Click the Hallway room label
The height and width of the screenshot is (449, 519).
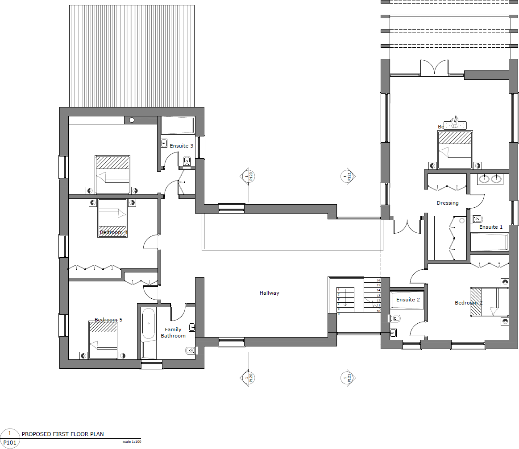click(269, 293)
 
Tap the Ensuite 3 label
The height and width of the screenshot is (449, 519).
click(182, 146)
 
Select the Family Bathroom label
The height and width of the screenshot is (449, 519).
click(173, 333)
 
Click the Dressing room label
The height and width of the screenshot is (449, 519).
click(448, 203)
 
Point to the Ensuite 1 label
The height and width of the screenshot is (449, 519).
click(491, 227)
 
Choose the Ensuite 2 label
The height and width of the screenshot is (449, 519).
click(408, 300)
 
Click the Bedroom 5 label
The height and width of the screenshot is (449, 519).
click(108, 320)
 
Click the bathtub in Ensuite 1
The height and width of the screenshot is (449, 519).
click(489, 243)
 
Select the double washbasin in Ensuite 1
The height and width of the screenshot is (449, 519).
click(490, 179)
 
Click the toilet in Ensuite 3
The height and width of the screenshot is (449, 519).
click(187, 161)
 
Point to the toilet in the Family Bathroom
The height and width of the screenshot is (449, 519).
click(190, 351)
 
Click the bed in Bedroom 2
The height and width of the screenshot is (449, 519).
click(490, 302)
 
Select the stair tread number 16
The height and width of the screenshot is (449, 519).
click(378, 280)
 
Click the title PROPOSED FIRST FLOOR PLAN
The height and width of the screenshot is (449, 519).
click(63, 434)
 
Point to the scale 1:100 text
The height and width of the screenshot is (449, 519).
click(132, 442)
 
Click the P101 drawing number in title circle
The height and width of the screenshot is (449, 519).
click(10, 443)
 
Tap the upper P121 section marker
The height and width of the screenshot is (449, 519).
click(346, 177)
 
